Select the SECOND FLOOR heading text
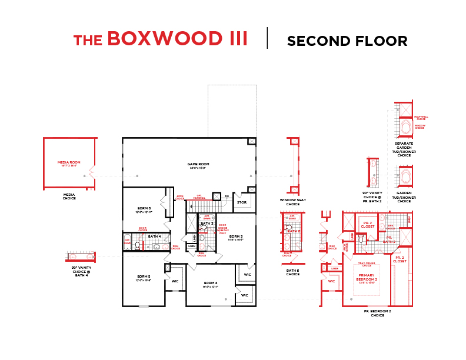[x=347, y=41]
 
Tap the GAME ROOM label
[x=198, y=165]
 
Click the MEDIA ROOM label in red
[x=69, y=163]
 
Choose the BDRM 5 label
[x=144, y=277]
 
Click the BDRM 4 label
[x=211, y=284]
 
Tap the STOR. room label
[x=242, y=202]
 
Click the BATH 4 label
[x=154, y=236]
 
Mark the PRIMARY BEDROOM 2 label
[x=367, y=278]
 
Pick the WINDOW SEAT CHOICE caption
[x=292, y=202]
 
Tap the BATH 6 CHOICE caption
[x=292, y=272]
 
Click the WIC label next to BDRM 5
[x=175, y=281]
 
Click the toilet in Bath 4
[x=137, y=245]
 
